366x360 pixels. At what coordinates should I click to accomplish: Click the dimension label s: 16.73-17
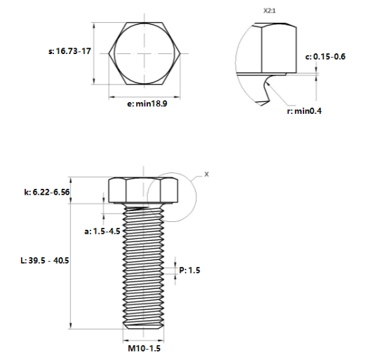70,51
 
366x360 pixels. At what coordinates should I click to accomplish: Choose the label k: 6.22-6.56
47,191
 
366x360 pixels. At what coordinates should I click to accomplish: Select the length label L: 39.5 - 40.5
45,260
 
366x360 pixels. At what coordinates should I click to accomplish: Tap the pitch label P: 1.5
190,270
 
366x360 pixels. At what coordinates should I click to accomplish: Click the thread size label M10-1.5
143,349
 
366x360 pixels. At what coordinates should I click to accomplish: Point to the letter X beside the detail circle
206,174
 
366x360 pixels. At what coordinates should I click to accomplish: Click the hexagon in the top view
145,52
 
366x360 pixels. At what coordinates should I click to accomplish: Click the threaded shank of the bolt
143,267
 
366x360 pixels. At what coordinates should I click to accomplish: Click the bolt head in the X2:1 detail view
274,49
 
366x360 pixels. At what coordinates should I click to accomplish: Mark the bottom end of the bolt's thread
143,326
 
